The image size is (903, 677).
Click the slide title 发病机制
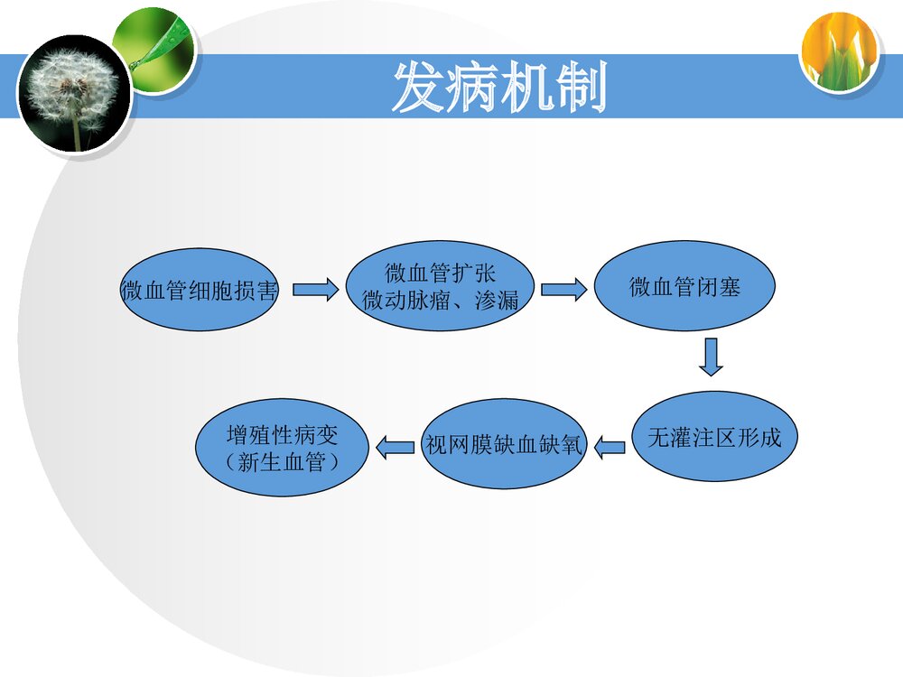tap(498, 88)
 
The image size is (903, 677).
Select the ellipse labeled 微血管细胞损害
tap(200, 291)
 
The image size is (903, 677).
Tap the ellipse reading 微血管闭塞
tap(684, 287)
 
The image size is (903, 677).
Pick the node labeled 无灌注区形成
tap(713, 438)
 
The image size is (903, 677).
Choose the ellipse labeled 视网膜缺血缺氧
tap(504, 445)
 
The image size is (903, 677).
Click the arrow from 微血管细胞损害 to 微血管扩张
tap(315, 291)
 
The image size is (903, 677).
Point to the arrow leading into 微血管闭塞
tap(563, 291)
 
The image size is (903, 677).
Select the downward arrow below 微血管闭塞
tap(712, 357)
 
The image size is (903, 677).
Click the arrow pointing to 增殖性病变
tap(395, 445)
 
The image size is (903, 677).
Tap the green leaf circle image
tap(152, 50)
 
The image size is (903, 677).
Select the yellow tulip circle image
tap(839, 51)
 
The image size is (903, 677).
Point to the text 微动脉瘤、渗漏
tap(440, 301)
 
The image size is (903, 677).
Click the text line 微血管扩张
tap(440, 274)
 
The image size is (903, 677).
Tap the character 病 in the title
tap(471, 88)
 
